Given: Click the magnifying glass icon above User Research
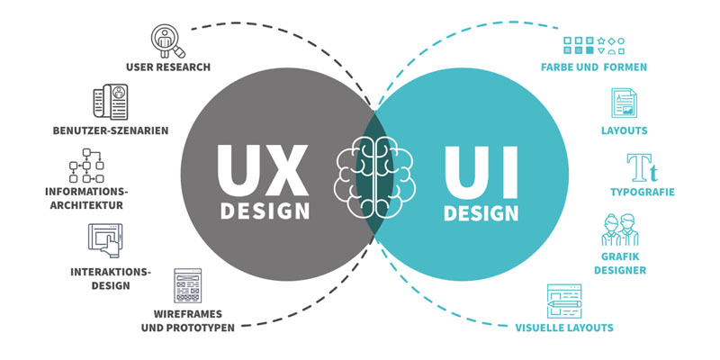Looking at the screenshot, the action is (x=168, y=41).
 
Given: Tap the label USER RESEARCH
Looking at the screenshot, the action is (x=168, y=67).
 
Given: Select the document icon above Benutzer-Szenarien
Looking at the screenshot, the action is (x=111, y=102).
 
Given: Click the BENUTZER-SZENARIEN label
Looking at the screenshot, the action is (x=111, y=130).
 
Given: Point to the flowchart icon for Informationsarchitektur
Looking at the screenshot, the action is (x=86, y=166).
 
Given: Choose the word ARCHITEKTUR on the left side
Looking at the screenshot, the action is (x=86, y=205).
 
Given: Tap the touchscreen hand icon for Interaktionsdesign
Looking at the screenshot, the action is (x=105, y=240).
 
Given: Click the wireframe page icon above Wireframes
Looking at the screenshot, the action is (x=188, y=285).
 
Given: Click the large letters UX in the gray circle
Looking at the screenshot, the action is (x=263, y=171).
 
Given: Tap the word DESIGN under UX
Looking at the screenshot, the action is (x=265, y=211).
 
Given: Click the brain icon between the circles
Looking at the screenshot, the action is (x=374, y=176).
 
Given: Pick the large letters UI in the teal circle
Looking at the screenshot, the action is (x=481, y=172).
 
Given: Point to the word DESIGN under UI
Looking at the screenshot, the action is (x=481, y=213).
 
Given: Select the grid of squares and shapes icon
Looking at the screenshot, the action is (x=594, y=46).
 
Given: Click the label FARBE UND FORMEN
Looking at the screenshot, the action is (x=594, y=67).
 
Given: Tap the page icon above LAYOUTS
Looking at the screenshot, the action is (x=624, y=103).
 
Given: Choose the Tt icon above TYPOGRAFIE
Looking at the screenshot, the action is (x=642, y=167).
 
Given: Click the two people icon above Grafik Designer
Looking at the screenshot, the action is (x=620, y=229).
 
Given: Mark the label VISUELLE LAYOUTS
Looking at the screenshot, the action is (x=564, y=328).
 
